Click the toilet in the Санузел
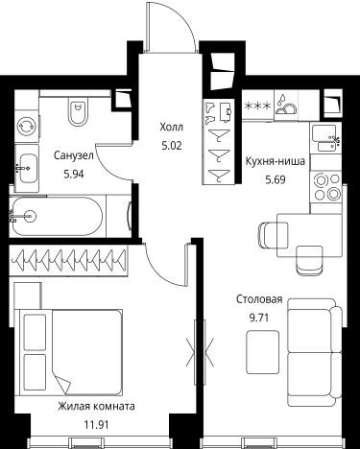78,112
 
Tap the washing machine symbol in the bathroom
27,126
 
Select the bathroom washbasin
27,168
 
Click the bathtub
57,216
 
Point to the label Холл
172,128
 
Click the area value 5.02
172,146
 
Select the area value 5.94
74,174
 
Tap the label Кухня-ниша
276,161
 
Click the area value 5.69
276,180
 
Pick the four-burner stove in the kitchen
325,187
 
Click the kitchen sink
325,138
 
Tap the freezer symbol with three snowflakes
258,106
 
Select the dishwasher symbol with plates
286,106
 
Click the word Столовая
259,299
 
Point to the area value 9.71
259,318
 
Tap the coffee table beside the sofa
262,352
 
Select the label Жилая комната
96,407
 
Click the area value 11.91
96,425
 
